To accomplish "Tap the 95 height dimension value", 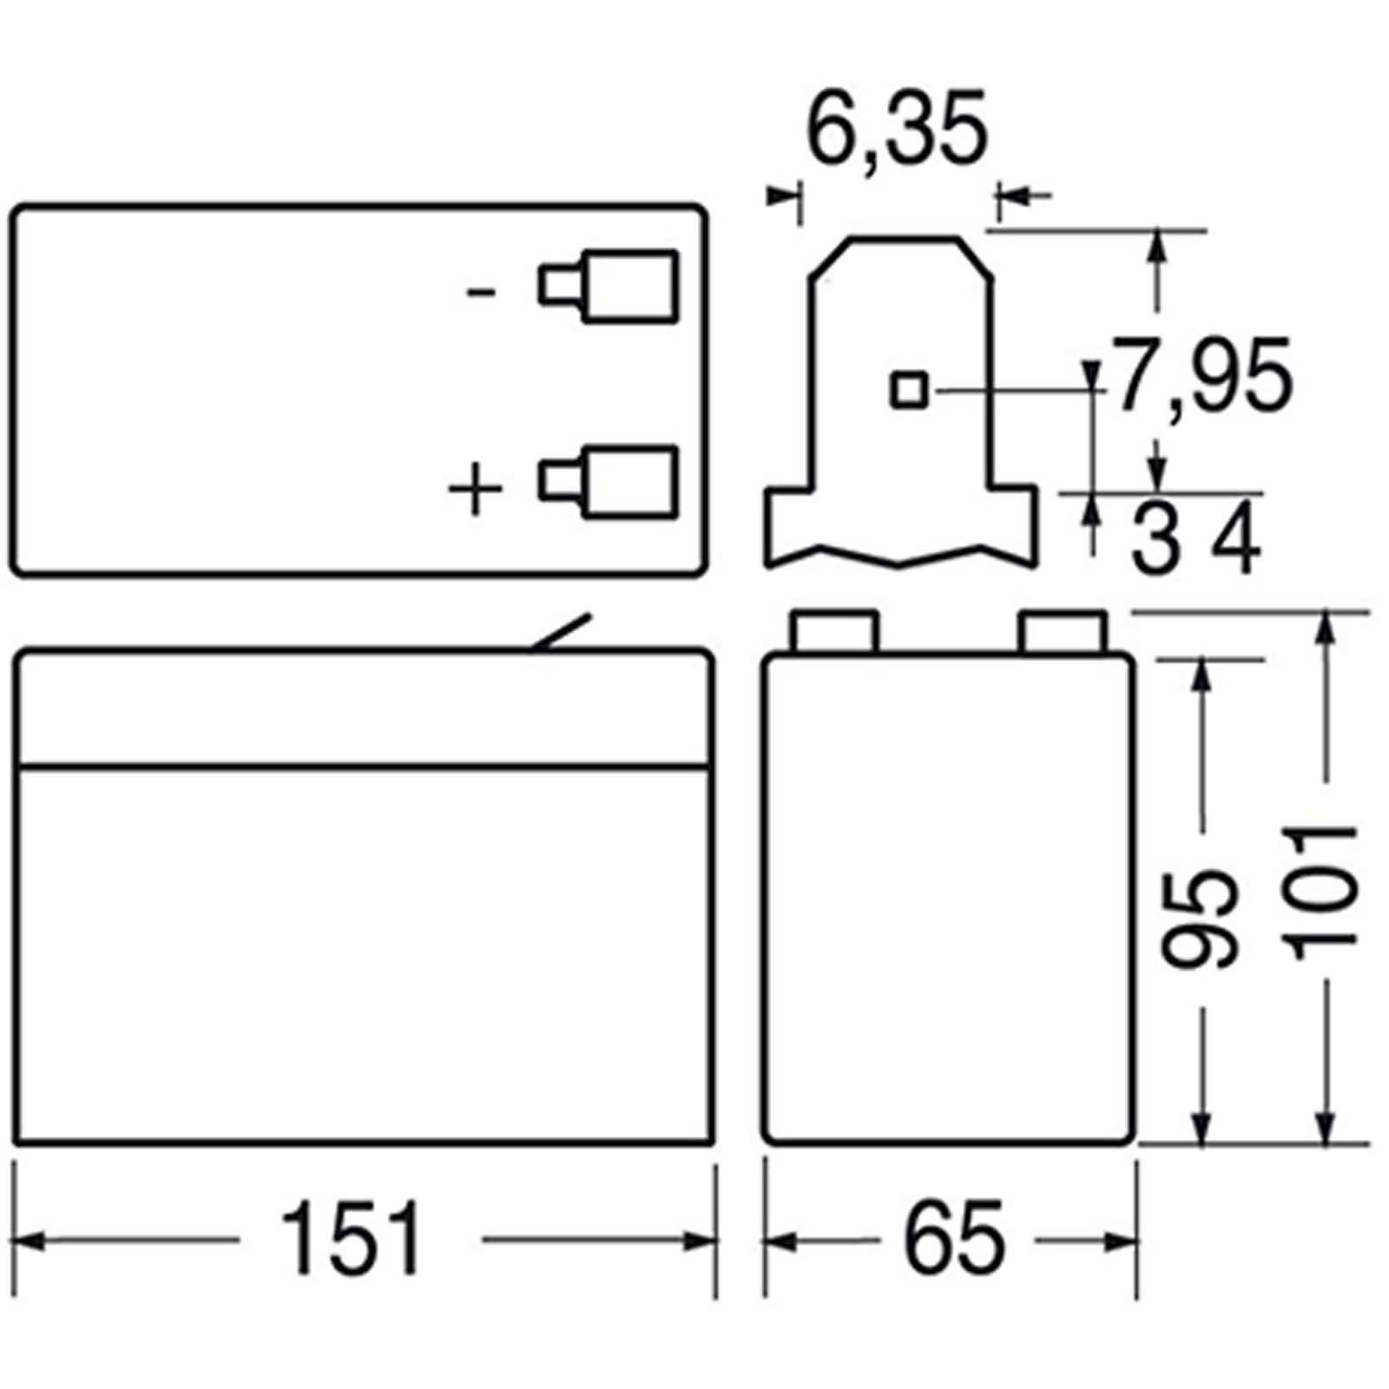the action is click(x=1198, y=918).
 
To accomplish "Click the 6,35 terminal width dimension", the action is click(x=898, y=128).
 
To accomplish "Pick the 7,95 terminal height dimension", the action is click(x=1201, y=376).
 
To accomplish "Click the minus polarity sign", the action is click(x=481, y=293).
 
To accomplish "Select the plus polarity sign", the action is click(x=475, y=489).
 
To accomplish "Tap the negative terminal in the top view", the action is click(x=608, y=286).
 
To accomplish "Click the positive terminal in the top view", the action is click(x=608, y=483).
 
